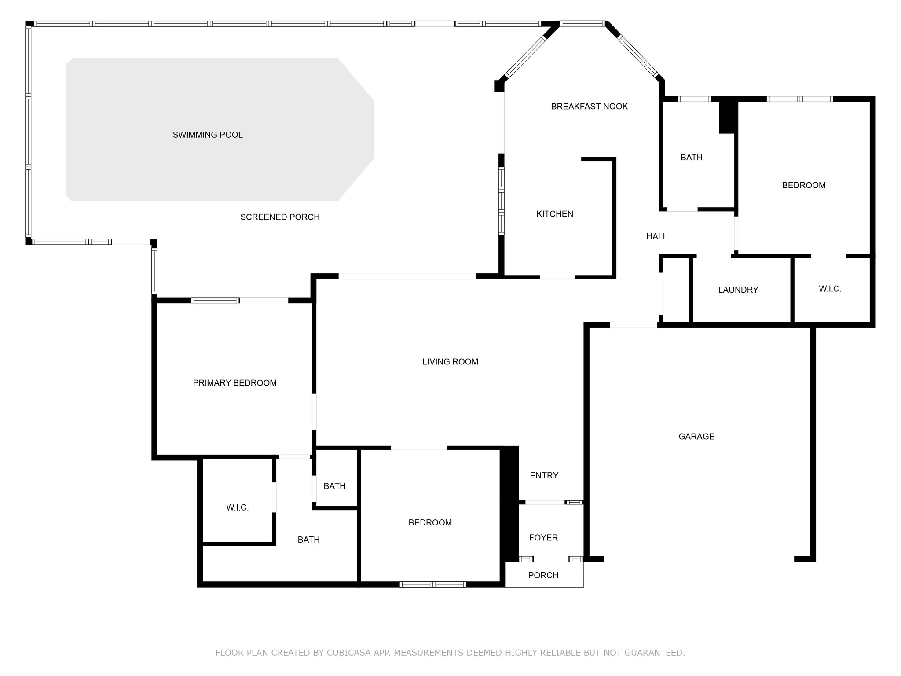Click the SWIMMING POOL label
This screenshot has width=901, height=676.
pos(208,135)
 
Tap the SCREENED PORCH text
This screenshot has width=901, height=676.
pos(280,217)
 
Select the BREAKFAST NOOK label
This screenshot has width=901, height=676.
pos(589,107)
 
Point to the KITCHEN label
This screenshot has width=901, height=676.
pos(554,214)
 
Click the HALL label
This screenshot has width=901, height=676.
pos(656,237)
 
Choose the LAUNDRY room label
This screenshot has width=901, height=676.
pos(738,290)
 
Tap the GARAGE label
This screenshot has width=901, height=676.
pos(696,437)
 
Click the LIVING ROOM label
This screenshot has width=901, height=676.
pos(450,362)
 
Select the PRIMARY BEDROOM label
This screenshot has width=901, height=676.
pos(234,383)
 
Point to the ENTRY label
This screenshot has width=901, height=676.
pos(544,475)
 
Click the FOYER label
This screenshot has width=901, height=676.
pos(543,537)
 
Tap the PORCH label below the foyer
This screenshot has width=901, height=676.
pos(543,575)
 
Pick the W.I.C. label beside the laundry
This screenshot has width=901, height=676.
pos(830,289)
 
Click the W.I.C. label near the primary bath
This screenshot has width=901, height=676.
pos(238,508)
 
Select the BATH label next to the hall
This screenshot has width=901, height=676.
pos(691,158)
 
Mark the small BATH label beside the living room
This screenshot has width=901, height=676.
pos(334,486)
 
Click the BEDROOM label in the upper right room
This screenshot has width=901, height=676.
pos(803,185)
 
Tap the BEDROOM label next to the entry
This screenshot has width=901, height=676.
pos(430,523)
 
